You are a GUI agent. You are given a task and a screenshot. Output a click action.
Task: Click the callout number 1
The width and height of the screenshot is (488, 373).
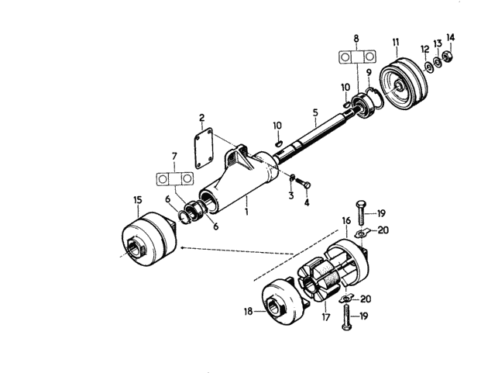click(x=246, y=212)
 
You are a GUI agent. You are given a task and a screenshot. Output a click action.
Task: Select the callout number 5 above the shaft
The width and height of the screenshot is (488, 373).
click(x=315, y=112)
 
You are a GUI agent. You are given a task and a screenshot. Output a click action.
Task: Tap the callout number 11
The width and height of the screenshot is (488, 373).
click(x=396, y=42)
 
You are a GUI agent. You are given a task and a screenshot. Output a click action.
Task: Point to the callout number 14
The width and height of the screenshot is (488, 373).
click(x=450, y=37)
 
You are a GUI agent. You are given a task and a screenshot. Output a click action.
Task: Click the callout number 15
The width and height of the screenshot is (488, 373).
click(x=138, y=200)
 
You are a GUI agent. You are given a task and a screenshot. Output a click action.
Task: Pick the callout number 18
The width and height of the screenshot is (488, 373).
click(x=248, y=311)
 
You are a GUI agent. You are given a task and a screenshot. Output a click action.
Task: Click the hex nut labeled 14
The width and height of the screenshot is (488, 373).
click(x=448, y=57)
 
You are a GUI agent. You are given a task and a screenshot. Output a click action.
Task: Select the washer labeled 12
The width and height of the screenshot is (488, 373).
click(x=428, y=67)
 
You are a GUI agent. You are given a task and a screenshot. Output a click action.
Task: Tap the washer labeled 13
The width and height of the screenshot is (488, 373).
click(x=438, y=62)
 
